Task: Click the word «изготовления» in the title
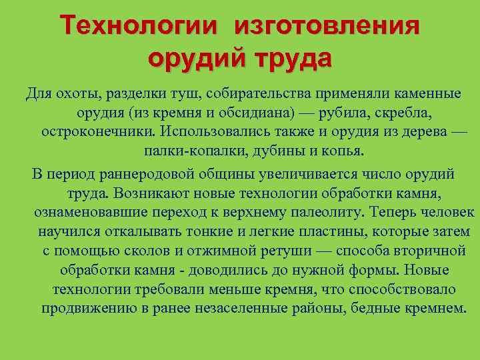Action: pos(327,27)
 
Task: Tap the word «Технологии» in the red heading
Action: pos(139,27)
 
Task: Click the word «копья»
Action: pos(344,151)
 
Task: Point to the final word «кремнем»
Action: pos(434,309)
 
